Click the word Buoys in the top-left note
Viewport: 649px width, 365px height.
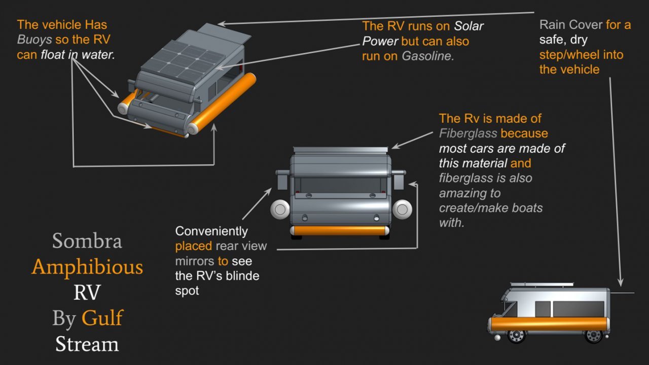pos(34,40)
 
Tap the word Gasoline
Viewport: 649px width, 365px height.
pos(427,56)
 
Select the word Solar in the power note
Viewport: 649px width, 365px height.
pos(468,26)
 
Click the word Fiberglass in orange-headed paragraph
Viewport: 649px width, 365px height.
pos(468,134)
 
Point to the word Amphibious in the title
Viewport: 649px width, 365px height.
pos(87,267)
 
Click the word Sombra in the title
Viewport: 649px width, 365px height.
pos(87,241)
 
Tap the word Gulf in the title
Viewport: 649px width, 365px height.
pos(102,318)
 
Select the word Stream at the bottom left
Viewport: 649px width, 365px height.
pos(87,344)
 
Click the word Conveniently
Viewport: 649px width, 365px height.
pos(211,231)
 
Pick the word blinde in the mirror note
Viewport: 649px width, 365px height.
pos(242,276)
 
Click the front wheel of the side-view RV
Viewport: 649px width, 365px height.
pos(517,336)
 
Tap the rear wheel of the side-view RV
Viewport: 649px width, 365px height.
pos(594,336)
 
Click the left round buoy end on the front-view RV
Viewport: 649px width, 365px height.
pos(280,209)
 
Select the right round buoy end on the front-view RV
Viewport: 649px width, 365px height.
pos(402,209)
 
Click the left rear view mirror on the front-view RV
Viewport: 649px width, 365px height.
pos(282,180)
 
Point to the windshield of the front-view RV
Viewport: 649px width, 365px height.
pos(340,185)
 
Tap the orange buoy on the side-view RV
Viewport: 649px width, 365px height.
pos(549,324)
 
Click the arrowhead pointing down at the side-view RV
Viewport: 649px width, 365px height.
pos(620,282)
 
